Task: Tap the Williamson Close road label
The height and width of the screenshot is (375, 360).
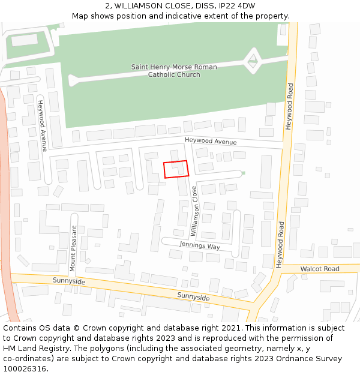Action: tap(194, 211)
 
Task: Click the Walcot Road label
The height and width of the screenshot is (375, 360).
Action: tap(320, 269)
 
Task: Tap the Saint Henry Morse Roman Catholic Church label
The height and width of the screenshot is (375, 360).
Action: tap(174, 71)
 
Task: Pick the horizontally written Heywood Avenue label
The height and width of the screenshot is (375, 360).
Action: tap(211, 141)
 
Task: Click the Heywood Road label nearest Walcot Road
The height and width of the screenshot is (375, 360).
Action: tap(280, 244)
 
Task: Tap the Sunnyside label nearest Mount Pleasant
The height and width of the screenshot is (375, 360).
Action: tap(69, 281)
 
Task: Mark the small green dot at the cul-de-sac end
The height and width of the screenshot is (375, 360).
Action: tap(244, 173)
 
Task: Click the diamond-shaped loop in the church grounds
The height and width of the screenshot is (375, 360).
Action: tap(253, 59)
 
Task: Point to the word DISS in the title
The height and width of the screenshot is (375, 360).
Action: tap(205, 5)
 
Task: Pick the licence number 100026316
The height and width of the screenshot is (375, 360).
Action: tap(25, 369)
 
